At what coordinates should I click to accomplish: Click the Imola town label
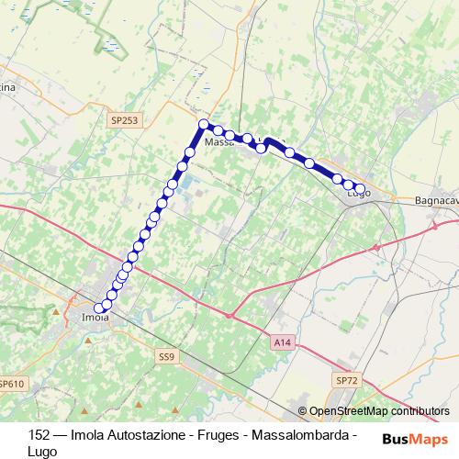click(x=95, y=319)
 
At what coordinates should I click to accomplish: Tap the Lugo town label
click(x=358, y=194)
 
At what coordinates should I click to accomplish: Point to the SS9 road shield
click(x=165, y=355)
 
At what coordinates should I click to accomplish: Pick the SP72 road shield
click(x=346, y=380)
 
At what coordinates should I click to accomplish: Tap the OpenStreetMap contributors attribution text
click(x=379, y=411)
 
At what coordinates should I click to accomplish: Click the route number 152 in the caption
click(x=27, y=434)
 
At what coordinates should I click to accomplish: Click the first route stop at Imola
click(x=99, y=308)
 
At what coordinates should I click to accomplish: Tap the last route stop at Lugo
click(x=360, y=189)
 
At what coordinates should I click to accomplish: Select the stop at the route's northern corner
click(x=205, y=125)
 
